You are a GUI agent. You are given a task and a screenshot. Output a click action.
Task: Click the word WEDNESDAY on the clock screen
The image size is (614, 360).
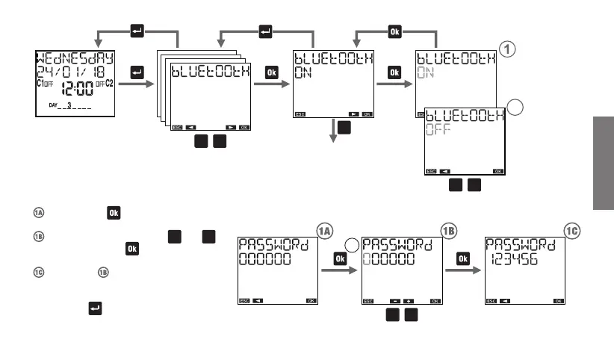(73, 58)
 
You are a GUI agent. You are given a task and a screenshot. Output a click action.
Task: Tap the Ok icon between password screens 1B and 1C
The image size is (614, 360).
(463, 258)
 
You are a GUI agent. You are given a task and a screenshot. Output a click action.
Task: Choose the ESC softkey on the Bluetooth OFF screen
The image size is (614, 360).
(431, 171)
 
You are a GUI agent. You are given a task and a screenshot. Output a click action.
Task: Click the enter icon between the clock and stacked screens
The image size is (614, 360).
(136, 72)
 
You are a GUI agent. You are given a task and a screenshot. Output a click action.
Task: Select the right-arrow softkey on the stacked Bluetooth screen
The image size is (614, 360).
(231, 127)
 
